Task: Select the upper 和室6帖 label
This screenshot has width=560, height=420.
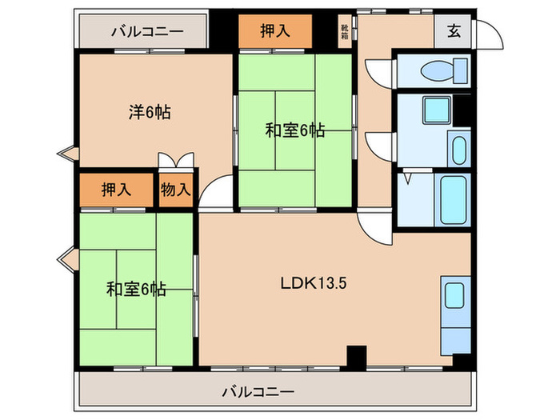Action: pos(294,130)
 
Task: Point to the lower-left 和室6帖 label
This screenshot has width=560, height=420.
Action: pos(136,289)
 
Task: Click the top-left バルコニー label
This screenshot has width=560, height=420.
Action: pos(147,33)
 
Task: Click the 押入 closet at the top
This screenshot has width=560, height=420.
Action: pos(274,32)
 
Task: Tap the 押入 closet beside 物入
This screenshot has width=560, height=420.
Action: pos(116,190)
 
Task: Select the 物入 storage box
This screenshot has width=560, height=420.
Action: pos(175,190)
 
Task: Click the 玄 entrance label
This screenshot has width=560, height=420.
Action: pos(454,32)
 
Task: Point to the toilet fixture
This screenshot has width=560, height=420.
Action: pos(437,70)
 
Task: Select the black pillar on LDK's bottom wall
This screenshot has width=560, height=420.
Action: pos(355,355)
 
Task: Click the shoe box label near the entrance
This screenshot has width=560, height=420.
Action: pos(345,33)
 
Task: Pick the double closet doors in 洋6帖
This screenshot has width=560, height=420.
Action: pos(175,160)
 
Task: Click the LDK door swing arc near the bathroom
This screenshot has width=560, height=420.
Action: pos(371,225)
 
